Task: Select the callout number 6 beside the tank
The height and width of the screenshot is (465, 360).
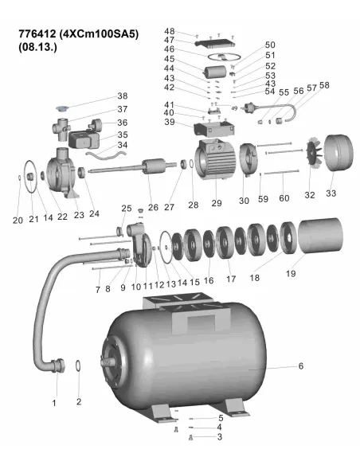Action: (x=301, y=367)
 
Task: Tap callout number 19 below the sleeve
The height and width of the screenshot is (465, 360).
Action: (x=290, y=273)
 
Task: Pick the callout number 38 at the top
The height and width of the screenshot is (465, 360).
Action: (x=123, y=96)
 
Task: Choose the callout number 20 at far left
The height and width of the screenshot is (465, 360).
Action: (x=17, y=220)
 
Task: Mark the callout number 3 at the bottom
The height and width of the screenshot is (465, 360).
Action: (x=220, y=437)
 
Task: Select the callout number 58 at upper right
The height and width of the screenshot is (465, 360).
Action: (x=324, y=85)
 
